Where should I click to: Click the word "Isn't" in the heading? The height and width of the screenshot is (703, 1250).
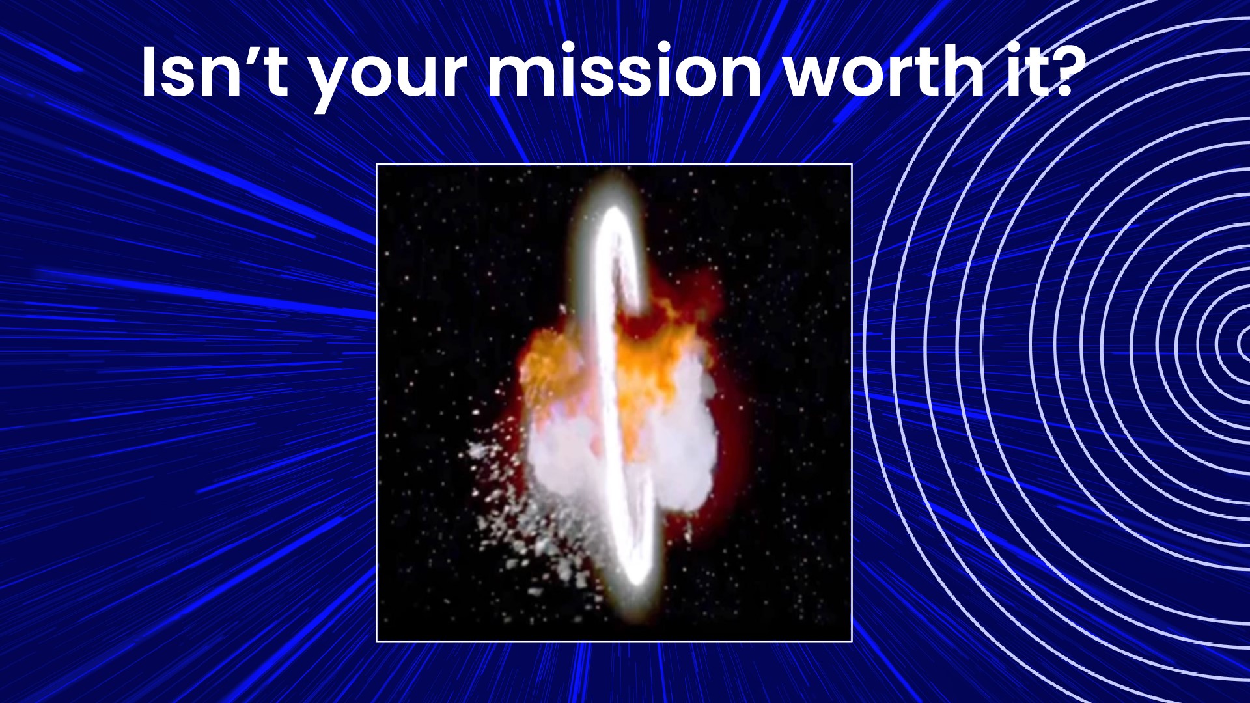pyautogui.click(x=215, y=71)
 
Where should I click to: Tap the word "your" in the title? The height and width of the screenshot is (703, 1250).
pyautogui.click(x=388, y=79)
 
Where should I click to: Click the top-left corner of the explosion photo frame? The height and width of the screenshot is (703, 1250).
pyautogui.click(x=377, y=165)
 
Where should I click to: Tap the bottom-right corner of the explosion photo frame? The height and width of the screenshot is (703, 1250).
pyautogui.click(x=852, y=642)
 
